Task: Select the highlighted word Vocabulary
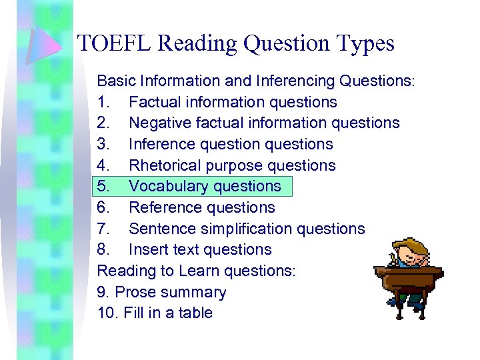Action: click(167, 187)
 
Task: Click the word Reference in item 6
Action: click(162, 208)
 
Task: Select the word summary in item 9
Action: click(197, 292)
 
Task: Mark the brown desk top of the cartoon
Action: click(406, 271)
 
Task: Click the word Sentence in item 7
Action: click(160, 229)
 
